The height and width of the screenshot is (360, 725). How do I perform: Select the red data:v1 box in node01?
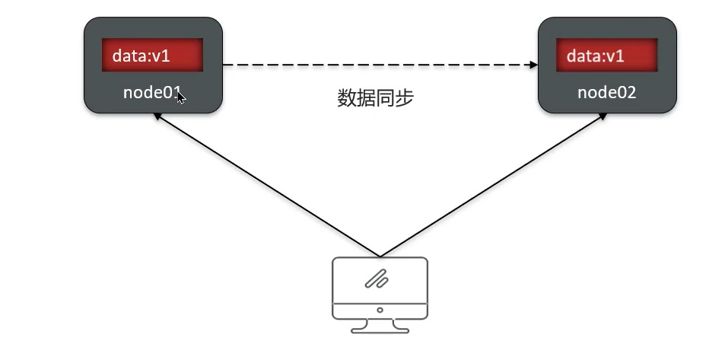click(152, 56)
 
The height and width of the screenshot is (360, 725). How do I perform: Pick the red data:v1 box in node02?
click(606, 56)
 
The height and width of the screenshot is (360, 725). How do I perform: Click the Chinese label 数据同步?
click(376, 98)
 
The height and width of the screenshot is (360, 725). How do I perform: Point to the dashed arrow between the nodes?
click(376, 65)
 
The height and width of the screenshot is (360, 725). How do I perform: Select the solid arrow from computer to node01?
click(266, 185)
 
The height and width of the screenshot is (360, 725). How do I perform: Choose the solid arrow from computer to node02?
click(494, 185)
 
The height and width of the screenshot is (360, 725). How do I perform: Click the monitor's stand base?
click(380, 330)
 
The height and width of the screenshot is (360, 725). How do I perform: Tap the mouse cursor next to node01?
click(180, 97)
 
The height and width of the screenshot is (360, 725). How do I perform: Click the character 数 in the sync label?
click(347, 98)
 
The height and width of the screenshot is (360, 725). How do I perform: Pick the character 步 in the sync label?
click(405, 98)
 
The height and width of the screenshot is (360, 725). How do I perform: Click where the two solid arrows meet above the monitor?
click(380, 256)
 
